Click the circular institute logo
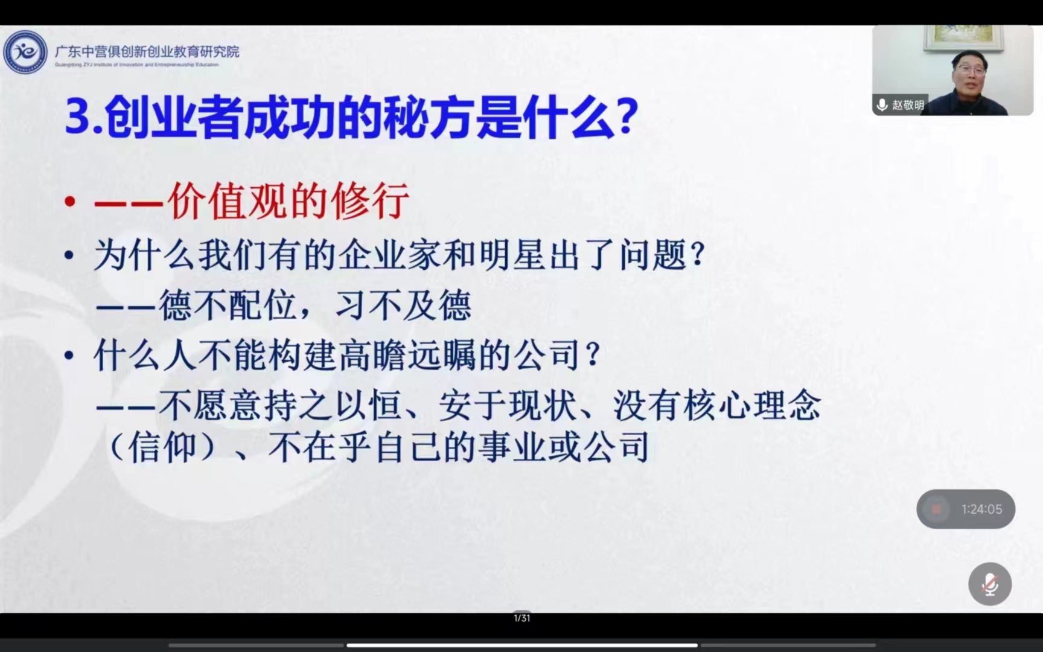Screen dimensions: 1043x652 pyautogui.click(x=25, y=53)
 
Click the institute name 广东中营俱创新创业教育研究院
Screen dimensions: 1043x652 pyautogui.click(x=147, y=52)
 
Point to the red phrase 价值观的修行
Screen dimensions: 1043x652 pyautogui.click(x=289, y=201)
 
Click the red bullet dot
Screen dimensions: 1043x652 pyautogui.click(x=70, y=201)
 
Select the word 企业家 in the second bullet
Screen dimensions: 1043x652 pyautogui.click(x=389, y=255)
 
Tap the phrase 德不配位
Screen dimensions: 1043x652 pyautogui.click(x=228, y=305)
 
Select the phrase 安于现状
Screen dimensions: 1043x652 pyautogui.click(x=508, y=405)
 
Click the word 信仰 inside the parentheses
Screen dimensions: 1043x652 pyautogui.click(x=162, y=448)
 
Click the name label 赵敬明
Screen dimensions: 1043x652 pyautogui.click(x=908, y=105)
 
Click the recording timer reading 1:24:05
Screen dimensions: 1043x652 pyautogui.click(x=981, y=510)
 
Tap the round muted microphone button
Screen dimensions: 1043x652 pyautogui.click(x=990, y=584)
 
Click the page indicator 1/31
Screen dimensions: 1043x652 pyautogui.click(x=521, y=618)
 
